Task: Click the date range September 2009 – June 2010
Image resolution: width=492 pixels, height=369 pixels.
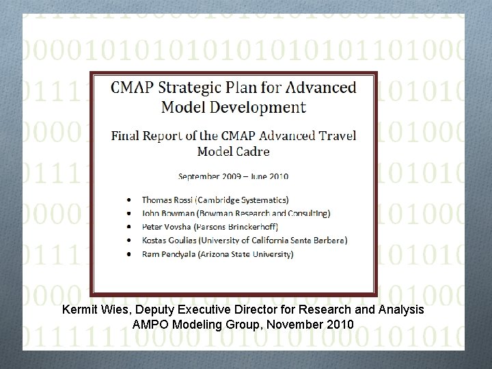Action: pyautogui.click(x=233, y=176)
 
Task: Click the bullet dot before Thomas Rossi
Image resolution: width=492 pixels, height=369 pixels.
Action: pyautogui.click(x=130, y=200)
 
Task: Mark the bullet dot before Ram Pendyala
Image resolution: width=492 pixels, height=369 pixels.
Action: pyautogui.click(x=130, y=254)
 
